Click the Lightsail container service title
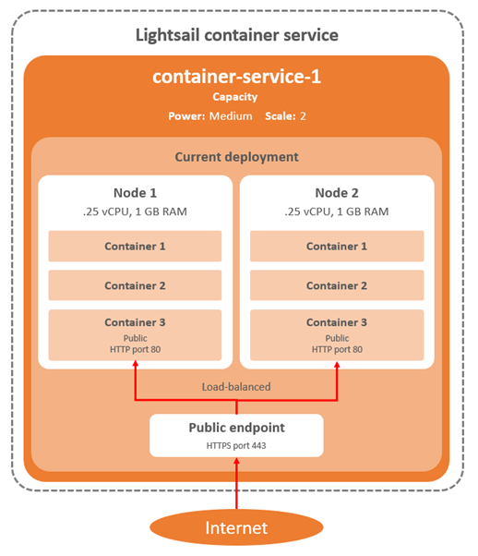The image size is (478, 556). (x=237, y=35)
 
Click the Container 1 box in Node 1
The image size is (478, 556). (x=135, y=247)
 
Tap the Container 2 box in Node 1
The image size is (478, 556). (x=135, y=285)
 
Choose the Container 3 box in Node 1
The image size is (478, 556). (x=135, y=334)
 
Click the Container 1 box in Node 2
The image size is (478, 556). (x=337, y=247)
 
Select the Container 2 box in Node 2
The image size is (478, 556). (x=337, y=285)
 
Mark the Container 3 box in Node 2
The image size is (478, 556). (x=337, y=334)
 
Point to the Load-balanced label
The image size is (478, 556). (x=236, y=387)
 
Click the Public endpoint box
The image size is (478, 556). (x=236, y=435)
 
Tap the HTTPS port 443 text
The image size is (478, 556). (x=236, y=445)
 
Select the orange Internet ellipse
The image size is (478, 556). (x=236, y=528)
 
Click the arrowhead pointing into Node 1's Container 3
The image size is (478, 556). (x=136, y=367)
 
